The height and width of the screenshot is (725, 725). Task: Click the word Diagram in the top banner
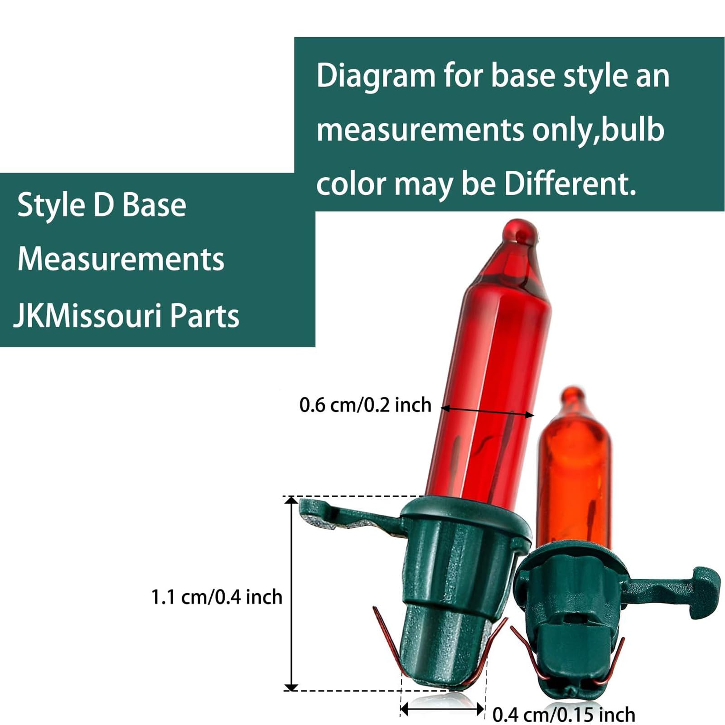376,77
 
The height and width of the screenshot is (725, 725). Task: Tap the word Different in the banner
570,184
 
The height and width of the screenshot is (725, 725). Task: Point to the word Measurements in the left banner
121,259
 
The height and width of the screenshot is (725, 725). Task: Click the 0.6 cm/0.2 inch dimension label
365,405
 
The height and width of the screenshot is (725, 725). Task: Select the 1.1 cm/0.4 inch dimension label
217,597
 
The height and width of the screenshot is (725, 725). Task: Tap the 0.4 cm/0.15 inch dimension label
564,715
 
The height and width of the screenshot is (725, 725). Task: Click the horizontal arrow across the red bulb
488,411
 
